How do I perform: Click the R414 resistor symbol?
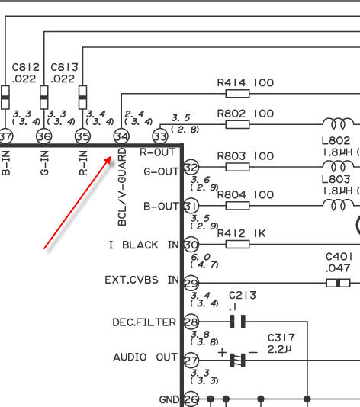click(x=237, y=94)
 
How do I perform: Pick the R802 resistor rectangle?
click(x=237, y=124)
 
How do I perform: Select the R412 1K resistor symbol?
click(x=237, y=244)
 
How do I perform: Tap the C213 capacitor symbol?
click(x=238, y=322)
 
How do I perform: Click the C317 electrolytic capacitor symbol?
click(x=238, y=361)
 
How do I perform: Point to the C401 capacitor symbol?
click(x=338, y=283)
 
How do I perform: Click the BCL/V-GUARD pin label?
click(x=122, y=187)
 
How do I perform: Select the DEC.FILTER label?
click(x=144, y=322)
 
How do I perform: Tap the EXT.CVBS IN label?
click(x=142, y=280)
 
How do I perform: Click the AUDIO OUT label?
click(x=146, y=357)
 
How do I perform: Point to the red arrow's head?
click(x=111, y=157)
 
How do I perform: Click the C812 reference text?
click(x=26, y=68)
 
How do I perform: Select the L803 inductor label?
click(x=336, y=179)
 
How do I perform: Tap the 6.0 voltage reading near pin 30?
click(x=201, y=257)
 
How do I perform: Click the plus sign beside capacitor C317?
click(x=222, y=352)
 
